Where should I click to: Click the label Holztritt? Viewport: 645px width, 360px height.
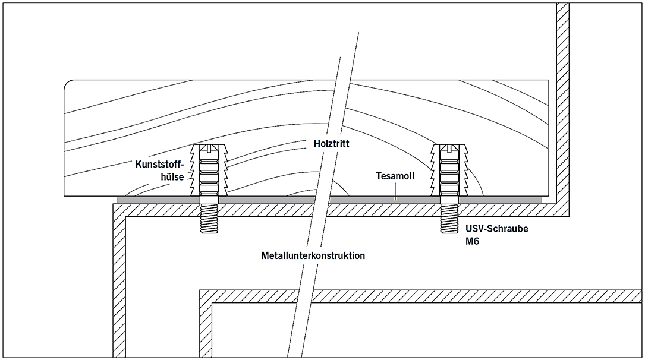[333, 144]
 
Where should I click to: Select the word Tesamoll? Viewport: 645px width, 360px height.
[396, 176]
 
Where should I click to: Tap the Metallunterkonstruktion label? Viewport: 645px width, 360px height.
[313, 256]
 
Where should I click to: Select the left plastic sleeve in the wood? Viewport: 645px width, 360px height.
[209, 172]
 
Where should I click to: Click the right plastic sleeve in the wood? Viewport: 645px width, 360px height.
[449, 172]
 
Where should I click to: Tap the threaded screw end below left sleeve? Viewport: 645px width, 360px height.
[209, 220]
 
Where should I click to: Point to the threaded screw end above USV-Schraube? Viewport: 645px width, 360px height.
[449, 220]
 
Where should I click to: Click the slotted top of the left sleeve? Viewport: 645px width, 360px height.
[209, 148]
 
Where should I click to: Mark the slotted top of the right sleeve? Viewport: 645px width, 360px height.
[449, 148]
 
